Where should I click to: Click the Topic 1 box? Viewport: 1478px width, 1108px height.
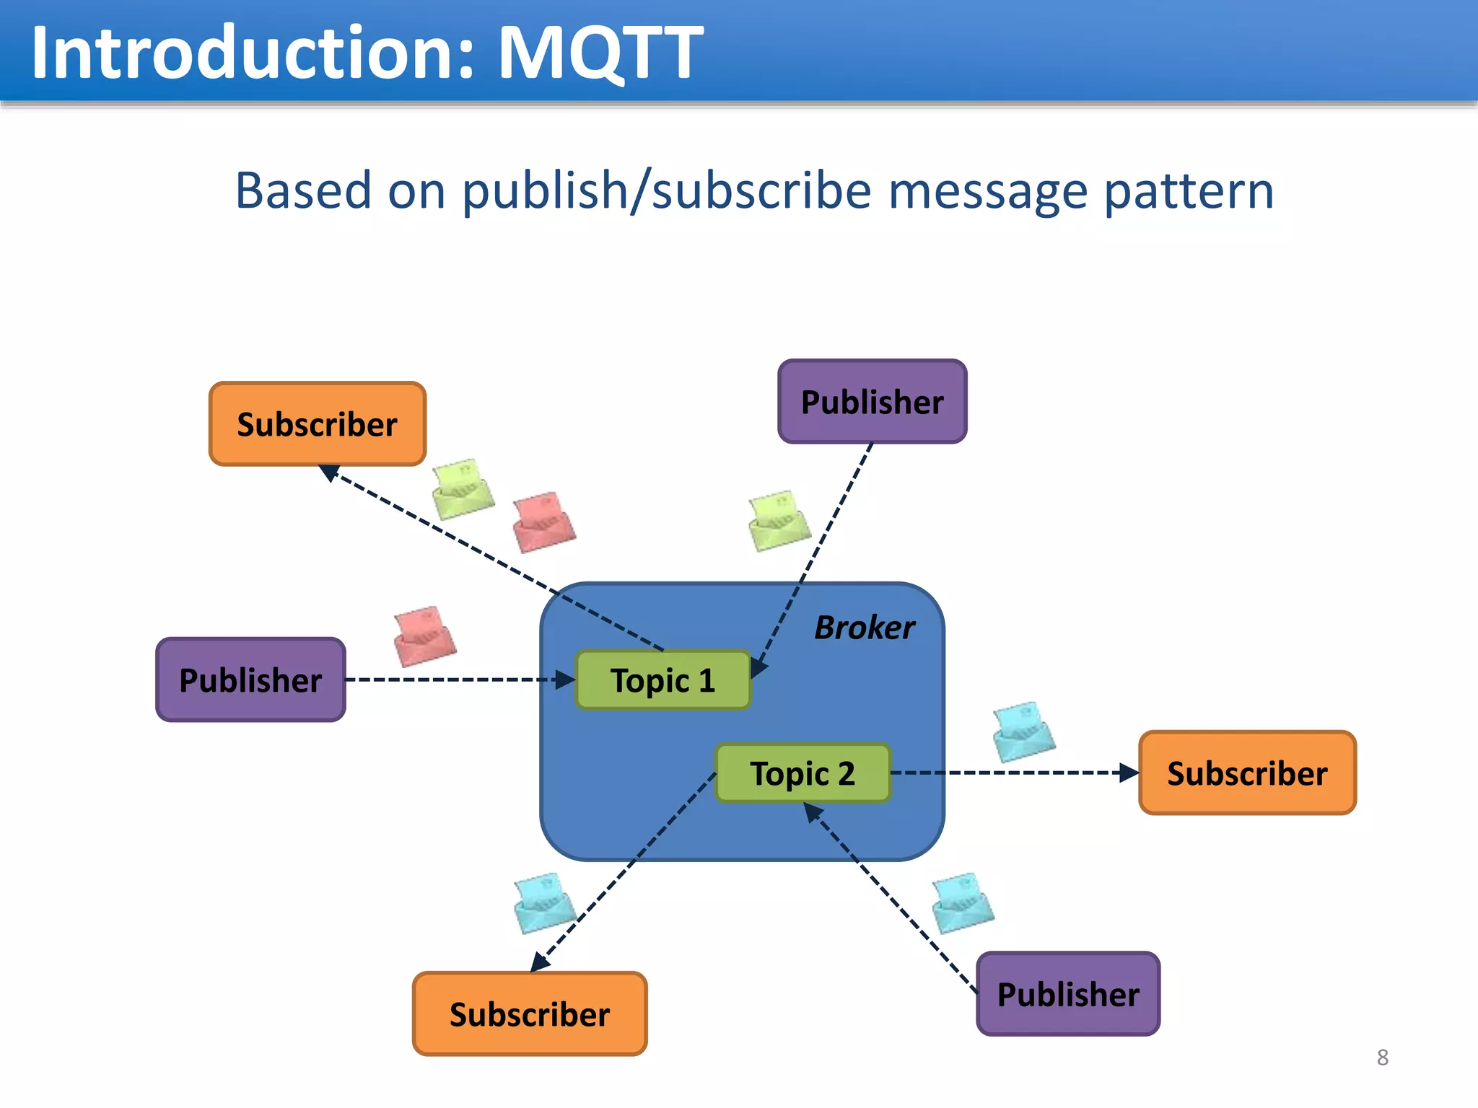click(x=663, y=680)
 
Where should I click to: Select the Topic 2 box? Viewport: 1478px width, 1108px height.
click(x=803, y=773)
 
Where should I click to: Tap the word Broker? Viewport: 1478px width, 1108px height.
click(x=864, y=628)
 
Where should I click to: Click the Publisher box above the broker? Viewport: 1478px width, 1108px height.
click(x=872, y=402)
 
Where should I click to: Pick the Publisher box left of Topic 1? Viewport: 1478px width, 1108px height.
click(x=250, y=680)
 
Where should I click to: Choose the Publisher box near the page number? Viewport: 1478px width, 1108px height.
click(x=1068, y=994)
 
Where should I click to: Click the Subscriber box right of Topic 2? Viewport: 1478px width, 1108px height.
click(x=1247, y=773)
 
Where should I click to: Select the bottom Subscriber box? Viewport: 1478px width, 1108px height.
click(x=530, y=1014)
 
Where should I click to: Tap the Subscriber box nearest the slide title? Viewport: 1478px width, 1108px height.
click(x=318, y=424)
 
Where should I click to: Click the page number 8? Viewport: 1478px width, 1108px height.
click(x=1382, y=1058)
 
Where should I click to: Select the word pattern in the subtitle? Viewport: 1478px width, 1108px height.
click(x=1189, y=191)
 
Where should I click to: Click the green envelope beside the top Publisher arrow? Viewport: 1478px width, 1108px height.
click(x=779, y=521)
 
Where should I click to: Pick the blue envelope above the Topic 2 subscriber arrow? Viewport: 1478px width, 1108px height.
click(x=1023, y=731)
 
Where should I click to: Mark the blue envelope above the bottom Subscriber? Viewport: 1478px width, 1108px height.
click(x=544, y=902)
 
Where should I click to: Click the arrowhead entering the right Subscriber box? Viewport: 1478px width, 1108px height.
click(x=1129, y=773)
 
